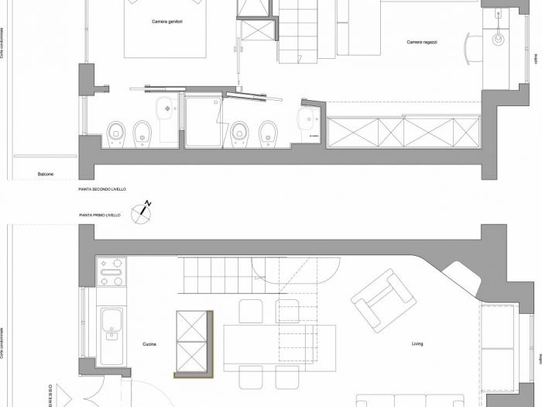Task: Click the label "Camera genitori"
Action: click(166, 22)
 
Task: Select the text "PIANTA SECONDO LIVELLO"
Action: click(101, 189)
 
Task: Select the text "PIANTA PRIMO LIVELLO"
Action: click(99, 215)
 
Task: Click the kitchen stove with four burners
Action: click(110, 271)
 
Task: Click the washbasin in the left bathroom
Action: click(167, 112)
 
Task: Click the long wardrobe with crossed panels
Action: click(403, 131)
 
